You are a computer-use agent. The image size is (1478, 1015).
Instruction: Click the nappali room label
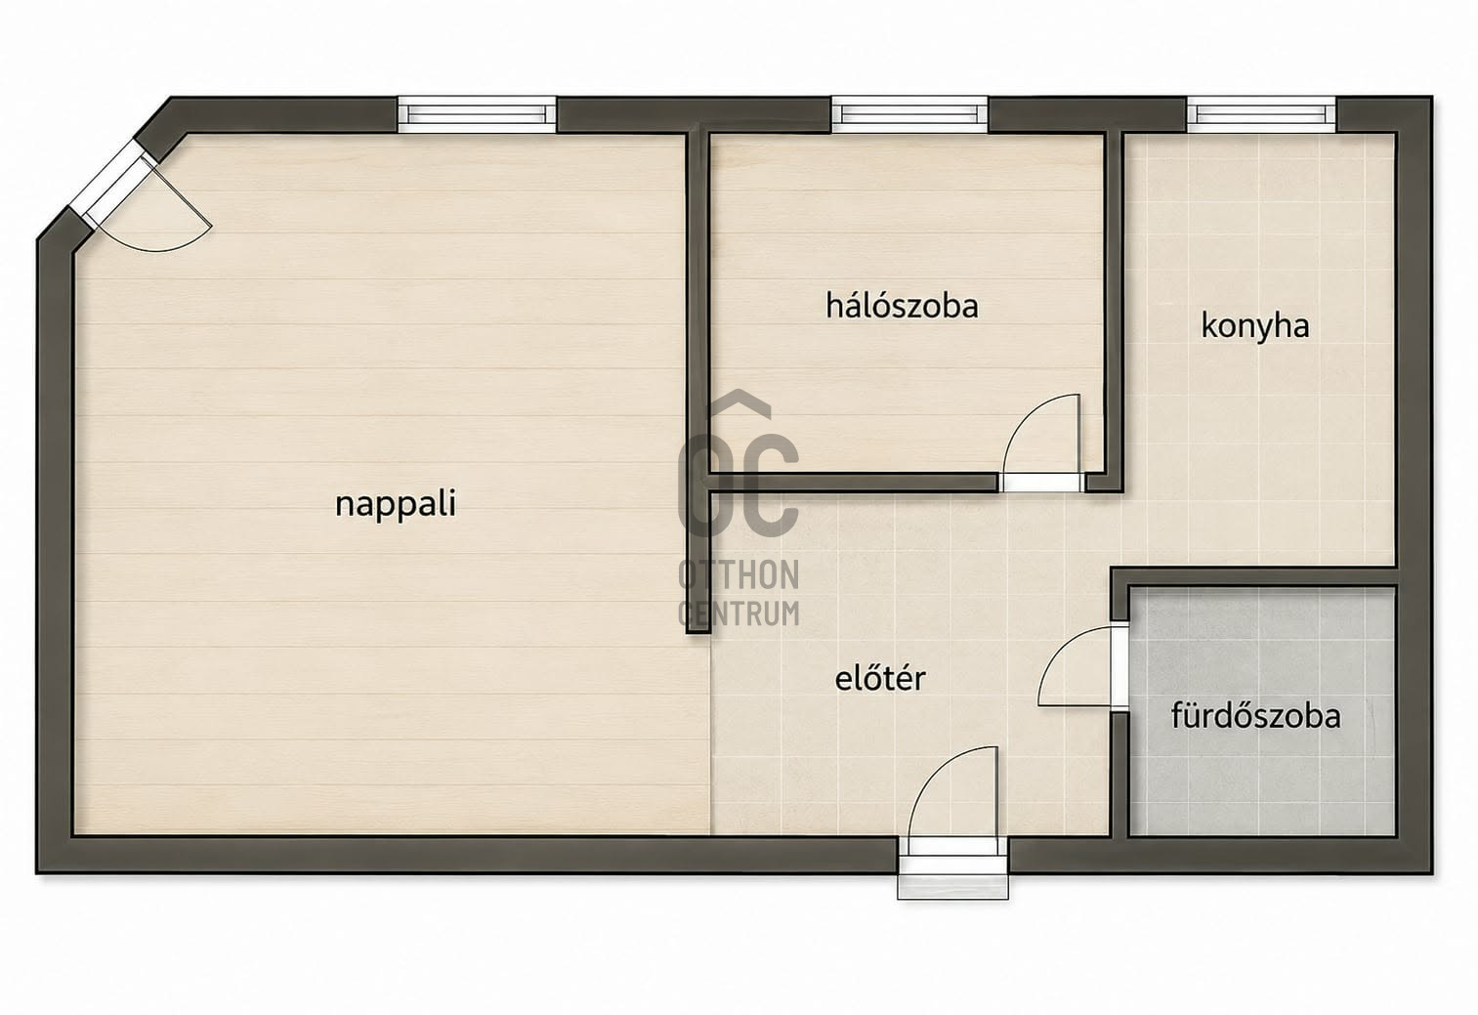396,504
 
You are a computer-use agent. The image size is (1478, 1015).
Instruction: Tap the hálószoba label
902,306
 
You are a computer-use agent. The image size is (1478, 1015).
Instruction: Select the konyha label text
1255,326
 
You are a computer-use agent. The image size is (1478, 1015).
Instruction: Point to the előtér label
880,678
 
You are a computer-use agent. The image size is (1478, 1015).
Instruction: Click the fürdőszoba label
1255,715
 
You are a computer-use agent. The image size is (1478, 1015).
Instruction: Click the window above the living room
477,114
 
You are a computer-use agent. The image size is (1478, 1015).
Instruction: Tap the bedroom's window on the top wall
909,114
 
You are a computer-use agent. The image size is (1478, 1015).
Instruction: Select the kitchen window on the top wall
1261,114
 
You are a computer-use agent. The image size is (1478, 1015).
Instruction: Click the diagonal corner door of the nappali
112,183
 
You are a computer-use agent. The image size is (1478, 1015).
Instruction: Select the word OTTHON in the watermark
739,574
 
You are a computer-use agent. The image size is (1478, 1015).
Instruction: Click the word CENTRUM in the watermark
739,613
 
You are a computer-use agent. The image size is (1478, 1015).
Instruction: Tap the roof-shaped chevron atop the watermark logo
739,402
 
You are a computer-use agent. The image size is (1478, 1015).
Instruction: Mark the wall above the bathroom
1253,576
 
